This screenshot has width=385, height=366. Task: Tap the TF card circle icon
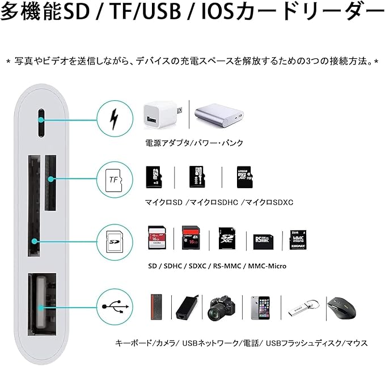(x=116, y=179)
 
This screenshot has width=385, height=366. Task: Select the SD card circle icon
(x=116, y=241)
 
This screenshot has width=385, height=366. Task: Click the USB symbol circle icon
(x=116, y=307)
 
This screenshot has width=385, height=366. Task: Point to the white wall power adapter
(x=159, y=117)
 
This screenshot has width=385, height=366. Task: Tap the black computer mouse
(x=341, y=309)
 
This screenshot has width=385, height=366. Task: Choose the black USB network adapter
(x=187, y=308)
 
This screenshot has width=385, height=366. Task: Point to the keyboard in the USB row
(x=155, y=308)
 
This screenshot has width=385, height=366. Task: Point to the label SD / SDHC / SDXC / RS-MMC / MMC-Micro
(x=217, y=266)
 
